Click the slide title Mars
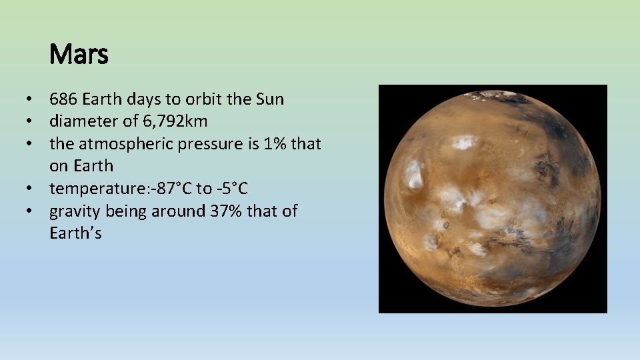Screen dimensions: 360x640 [79, 55]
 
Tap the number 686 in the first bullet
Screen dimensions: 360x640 [63, 99]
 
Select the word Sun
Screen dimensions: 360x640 [269, 99]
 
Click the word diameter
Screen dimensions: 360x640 [83, 121]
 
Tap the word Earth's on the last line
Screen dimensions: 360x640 [75, 233]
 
